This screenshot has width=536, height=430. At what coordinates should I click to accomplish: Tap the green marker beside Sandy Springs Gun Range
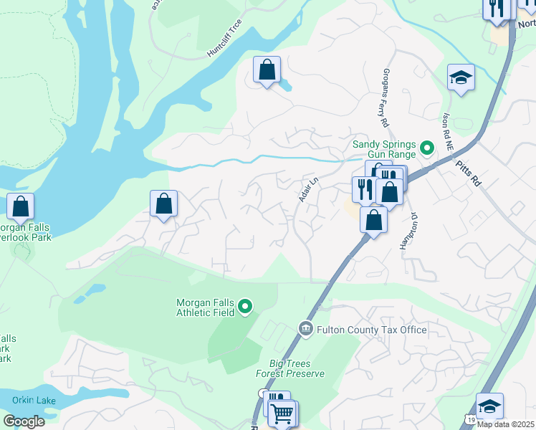point(427,149)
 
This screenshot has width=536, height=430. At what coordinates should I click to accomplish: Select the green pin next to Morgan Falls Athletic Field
point(245,307)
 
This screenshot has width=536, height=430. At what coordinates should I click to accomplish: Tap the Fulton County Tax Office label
point(373,330)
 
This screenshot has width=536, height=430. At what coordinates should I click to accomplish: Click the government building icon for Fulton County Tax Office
point(305,328)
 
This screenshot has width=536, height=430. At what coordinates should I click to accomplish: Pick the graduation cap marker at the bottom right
point(489,406)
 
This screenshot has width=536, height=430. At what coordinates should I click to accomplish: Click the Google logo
point(24,421)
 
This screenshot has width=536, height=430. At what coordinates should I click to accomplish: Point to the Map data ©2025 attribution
point(506,424)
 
